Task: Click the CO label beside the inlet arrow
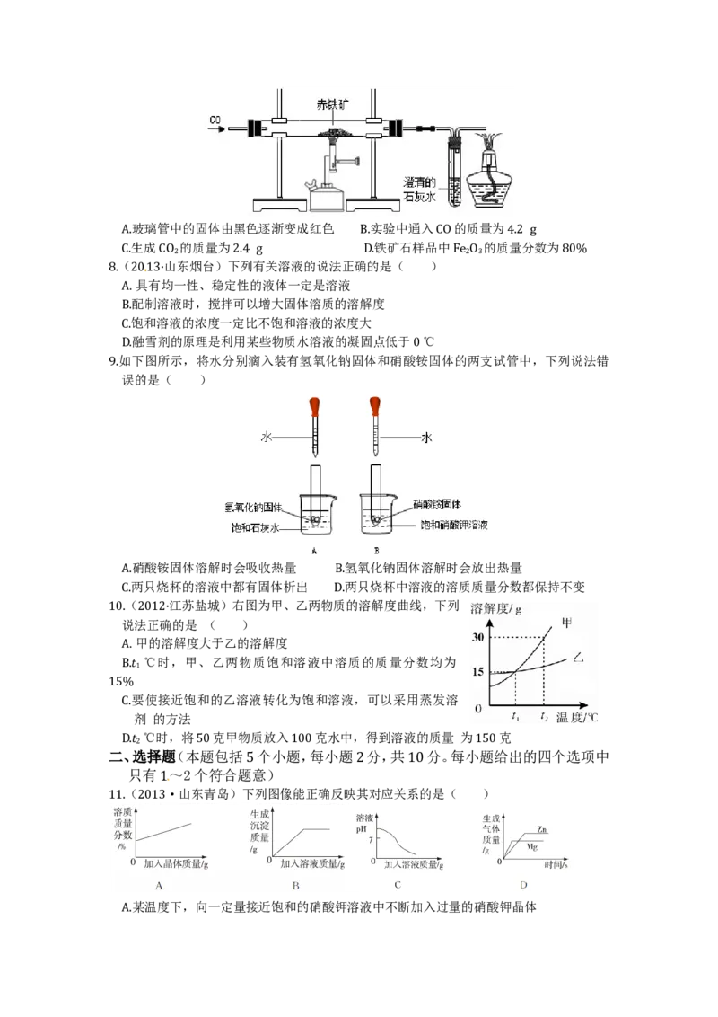pos(215,119)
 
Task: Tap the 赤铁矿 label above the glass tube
pos(332,104)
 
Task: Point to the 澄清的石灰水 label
pos(419,190)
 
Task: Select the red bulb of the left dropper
pos(314,407)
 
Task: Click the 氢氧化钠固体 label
pos(253,508)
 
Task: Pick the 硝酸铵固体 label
pos(437,504)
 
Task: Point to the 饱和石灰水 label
pos(255,528)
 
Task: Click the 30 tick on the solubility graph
pos(477,637)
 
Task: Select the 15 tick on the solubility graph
pos(477,672)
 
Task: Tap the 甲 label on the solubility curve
pos(567,623)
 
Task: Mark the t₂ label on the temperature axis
pos(544,717)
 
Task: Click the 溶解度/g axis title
pos(495,609)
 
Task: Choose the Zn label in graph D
pos(542,829)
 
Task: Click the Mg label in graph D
pos(532,847)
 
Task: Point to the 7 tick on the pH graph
pos(371,840)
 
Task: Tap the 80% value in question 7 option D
pos(574,248)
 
